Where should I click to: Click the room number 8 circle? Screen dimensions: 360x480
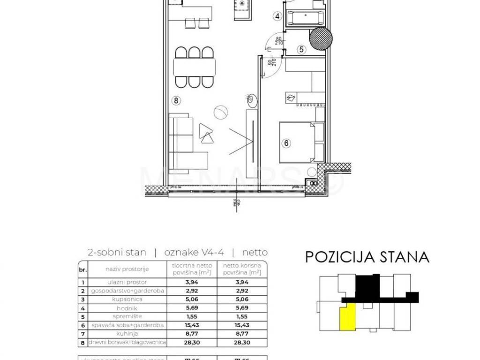(x=176, y=100)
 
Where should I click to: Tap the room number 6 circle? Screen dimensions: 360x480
(x=286, y=144)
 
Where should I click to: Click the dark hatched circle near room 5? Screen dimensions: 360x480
(x=322, y=39)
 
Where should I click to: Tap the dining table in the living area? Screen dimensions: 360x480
(x=195, y=67)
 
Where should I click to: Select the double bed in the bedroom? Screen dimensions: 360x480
(x=298, y=142)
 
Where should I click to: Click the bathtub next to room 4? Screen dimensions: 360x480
(x=305, y=18)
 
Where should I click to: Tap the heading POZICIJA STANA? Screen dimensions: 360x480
(x=367, y=257)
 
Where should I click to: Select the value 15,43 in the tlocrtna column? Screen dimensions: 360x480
(x=191, y=325)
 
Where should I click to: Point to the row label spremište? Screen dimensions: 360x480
(x=127, y=316)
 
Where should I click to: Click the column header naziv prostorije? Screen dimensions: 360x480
(x=127, y=269)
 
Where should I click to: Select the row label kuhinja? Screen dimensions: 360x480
(x=127, y=333)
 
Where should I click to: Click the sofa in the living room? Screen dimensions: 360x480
(x=183, y=141)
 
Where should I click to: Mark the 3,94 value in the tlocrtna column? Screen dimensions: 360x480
(x=191, y=282)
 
